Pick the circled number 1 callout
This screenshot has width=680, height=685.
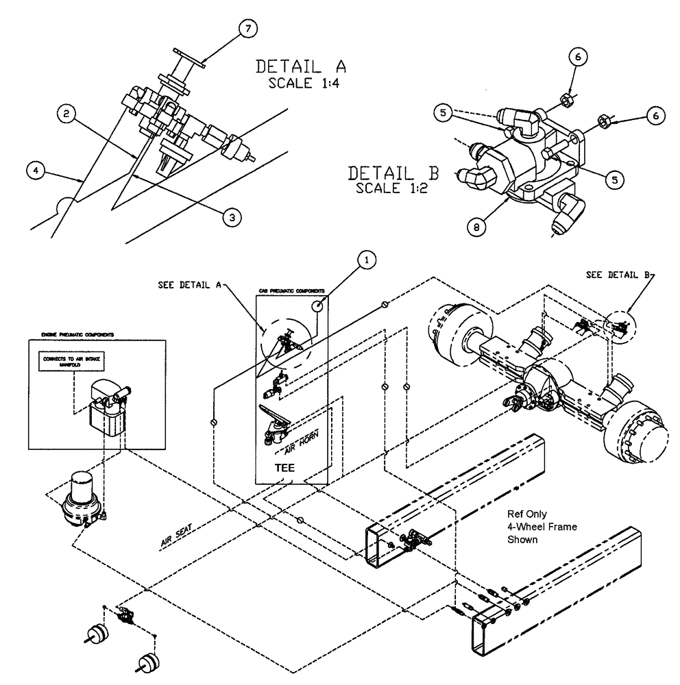point(368,261)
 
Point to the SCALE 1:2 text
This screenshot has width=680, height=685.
point(391,188)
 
